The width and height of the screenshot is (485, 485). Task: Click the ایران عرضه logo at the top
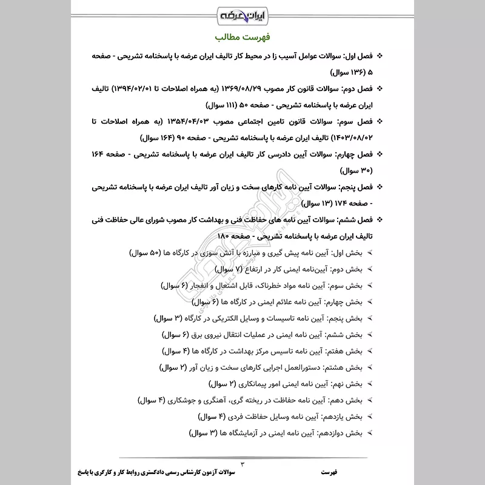(242, 13)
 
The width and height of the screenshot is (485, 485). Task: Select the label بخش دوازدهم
(340, 433)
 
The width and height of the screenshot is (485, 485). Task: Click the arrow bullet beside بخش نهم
(370, 384)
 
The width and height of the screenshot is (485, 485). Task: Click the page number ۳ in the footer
(242, 463)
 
